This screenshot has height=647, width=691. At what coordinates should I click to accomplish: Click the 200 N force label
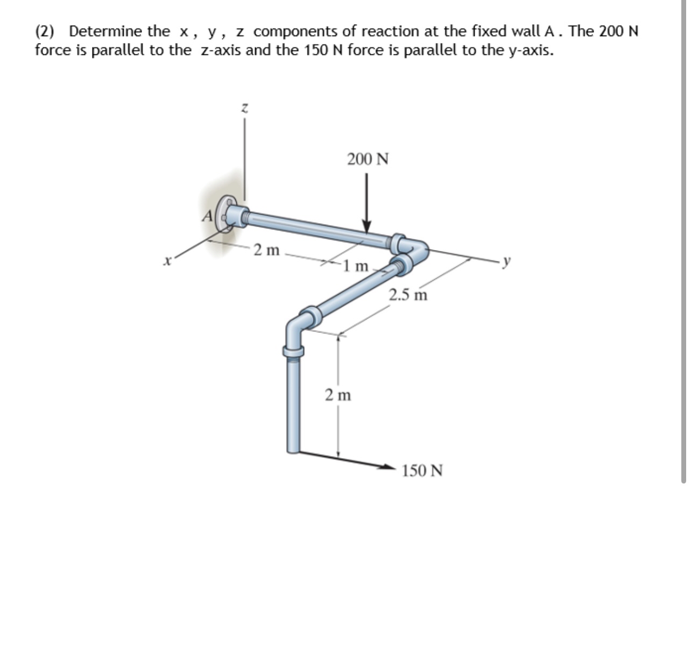coord(368,159)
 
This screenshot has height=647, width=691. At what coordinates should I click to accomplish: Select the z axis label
coord(244,108)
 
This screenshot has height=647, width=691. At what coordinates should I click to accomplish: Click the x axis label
coord(168,262)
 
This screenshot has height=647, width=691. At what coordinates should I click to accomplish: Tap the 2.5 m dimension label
coord(408,294)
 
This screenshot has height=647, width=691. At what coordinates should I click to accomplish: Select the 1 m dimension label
coord(356,265)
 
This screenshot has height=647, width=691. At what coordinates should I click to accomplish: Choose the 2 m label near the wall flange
coord(267,250)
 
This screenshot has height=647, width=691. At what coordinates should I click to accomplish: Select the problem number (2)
coord(45,31)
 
